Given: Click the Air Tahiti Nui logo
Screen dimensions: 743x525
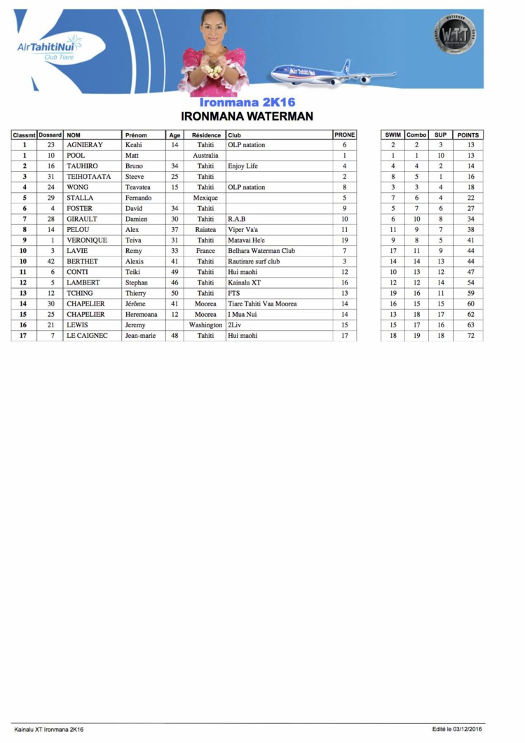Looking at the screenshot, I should pyautogui.click(x=48, y=48).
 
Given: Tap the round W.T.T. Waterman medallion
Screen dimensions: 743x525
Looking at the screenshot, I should pyautogui.click(x=456, y=34).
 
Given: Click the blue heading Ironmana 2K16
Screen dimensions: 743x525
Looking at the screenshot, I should pyautogui.click(x=247, y=102).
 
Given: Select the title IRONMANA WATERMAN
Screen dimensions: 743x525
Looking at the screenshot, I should pyautogui.click(x=247, y=116).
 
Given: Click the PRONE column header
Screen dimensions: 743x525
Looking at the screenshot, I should pyautogui.click(x=344, y=135).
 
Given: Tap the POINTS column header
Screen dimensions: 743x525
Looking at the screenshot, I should pyautogui.click(x=468, y=135).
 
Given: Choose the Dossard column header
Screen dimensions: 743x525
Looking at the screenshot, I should pyautogui.click(x=50, y=135).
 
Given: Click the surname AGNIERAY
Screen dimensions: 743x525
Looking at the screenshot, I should pyautogui.click(x=85, y=145).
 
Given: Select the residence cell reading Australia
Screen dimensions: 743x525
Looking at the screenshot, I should pyautogui.click(x=205, y=156).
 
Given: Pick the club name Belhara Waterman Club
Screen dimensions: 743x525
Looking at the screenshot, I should pyautogui.click(x=261, y=251).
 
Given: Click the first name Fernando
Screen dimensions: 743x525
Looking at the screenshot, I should pyautogui.click(x=138, y=198).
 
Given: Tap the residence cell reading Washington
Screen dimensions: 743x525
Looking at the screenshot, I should pyautogui.click(x=205, y=325).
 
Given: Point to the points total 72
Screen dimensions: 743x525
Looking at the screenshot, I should pyautogui.click(x=471, y=336).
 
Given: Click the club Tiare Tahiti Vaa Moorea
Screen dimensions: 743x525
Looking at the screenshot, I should pyautogui.click(x=262, y=304).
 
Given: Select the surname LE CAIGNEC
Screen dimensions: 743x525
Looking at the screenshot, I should pyautogui.click(x=88, y=336).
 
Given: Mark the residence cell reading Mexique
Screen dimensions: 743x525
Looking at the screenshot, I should pyautogui.click(x=205, y=198).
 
